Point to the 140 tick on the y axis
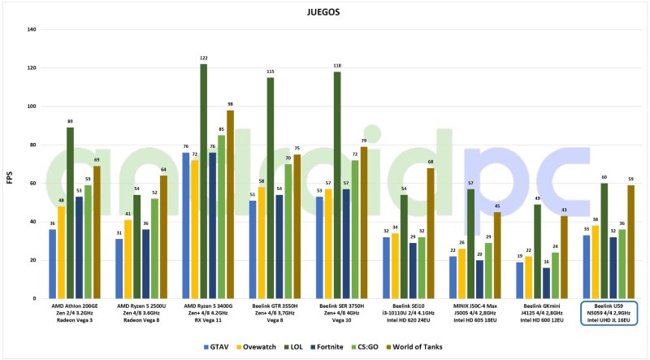pos(32,30)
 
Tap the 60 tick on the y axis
pos(33,184)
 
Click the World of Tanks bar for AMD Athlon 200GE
pos(97,232)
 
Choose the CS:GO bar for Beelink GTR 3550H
pos(287,232)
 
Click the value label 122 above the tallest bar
pos(203,59)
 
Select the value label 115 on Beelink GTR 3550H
pos(270,72)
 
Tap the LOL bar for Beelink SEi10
pos(403,247)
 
